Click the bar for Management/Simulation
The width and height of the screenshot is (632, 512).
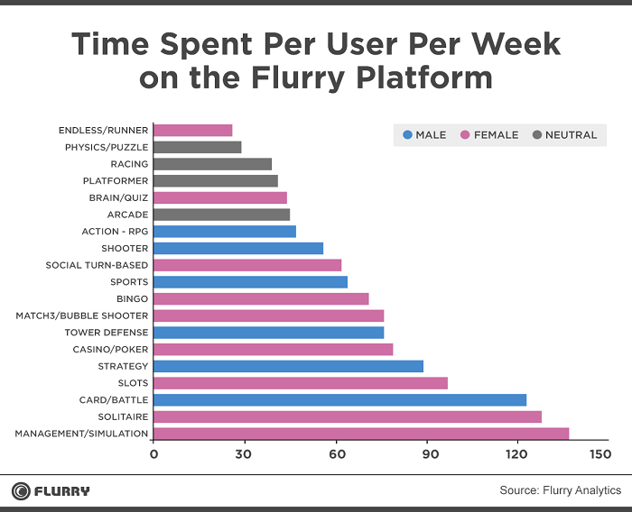tap(361, 434)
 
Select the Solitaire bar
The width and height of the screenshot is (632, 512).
tap(348, 416)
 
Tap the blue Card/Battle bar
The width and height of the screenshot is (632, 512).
tap(339, 399)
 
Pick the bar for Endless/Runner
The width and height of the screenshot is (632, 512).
tap(193, 130)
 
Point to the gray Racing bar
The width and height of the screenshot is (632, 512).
tap(213, 164)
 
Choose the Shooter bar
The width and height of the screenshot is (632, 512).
tap(238, 248)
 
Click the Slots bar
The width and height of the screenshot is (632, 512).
tap(301, 383)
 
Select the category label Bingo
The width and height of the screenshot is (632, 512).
tap(133, 298)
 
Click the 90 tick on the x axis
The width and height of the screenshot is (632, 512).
tap(428, 453)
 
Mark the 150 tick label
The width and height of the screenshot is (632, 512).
tap(598, 453)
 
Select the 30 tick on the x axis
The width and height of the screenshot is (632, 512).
tap(244, 453)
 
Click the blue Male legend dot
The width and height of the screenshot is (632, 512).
tap(408, 135)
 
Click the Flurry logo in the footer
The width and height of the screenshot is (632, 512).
tap(51, 491)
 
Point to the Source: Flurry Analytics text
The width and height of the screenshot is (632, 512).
tap(560, 490)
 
